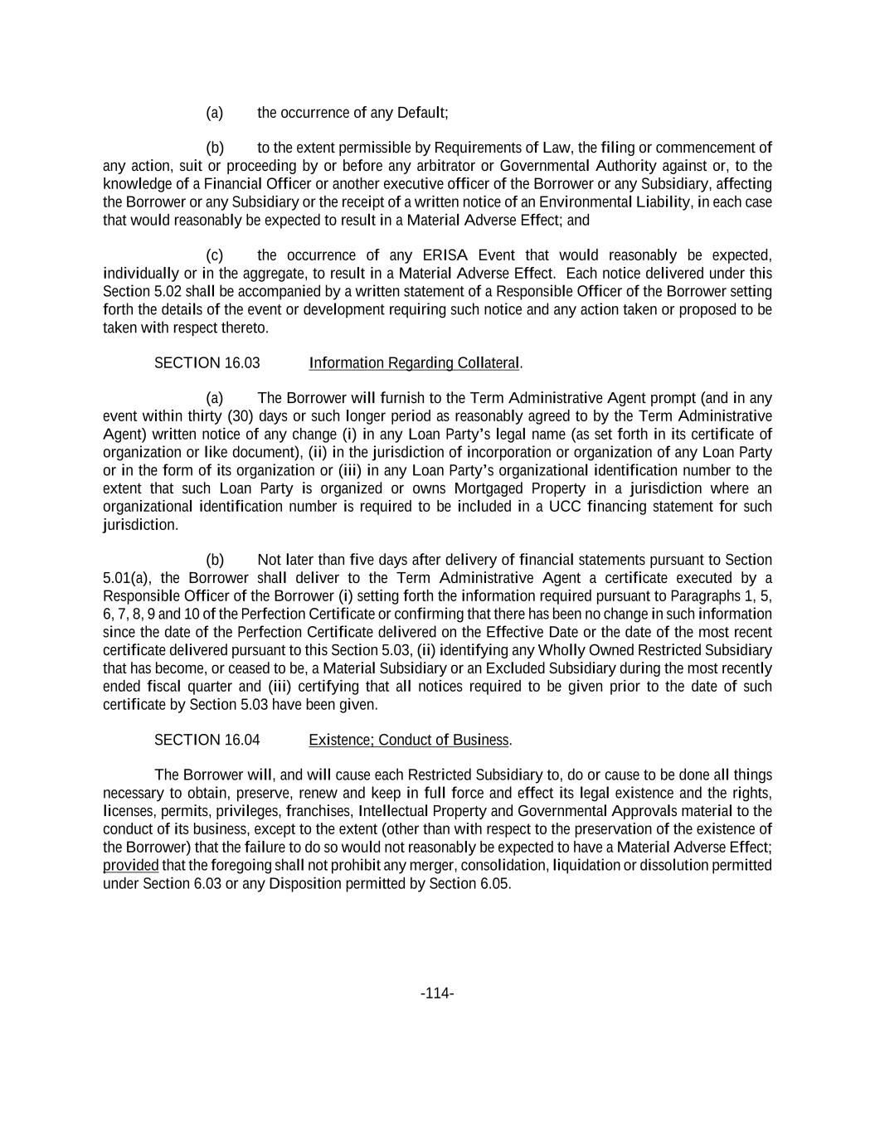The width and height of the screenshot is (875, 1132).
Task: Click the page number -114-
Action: (x=437, y=994)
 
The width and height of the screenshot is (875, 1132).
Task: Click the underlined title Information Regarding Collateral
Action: (x=415, y=363)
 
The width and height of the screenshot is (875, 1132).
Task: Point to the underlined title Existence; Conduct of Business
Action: (x=409, y=740)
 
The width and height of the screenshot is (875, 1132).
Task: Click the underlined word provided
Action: (x=130, y=866)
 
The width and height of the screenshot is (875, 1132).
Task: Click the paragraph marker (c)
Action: (x=215, y=255)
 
